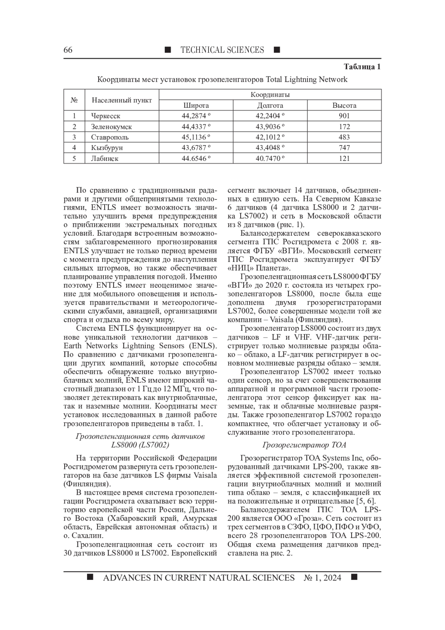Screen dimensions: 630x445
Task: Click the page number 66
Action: pos(68,50)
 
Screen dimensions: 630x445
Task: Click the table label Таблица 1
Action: pos(362,67)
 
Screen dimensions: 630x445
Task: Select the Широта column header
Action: pos(196,105)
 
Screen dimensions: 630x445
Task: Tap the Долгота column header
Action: pos(270,105)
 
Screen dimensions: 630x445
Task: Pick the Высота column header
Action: pos(344,105)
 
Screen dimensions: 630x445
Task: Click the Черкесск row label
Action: pos(106,116)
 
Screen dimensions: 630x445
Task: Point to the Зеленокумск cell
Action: pos(111,127)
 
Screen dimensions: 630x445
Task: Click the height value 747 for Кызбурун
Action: pos(344,148)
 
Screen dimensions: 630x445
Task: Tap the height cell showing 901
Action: pos(344,116)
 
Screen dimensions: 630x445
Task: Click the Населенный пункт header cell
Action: pos(122,100)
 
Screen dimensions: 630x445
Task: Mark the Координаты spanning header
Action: pos(270,95)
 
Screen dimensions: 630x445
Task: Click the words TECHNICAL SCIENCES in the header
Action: pos(222,50)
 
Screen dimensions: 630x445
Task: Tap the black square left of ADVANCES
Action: pos(90,577)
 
